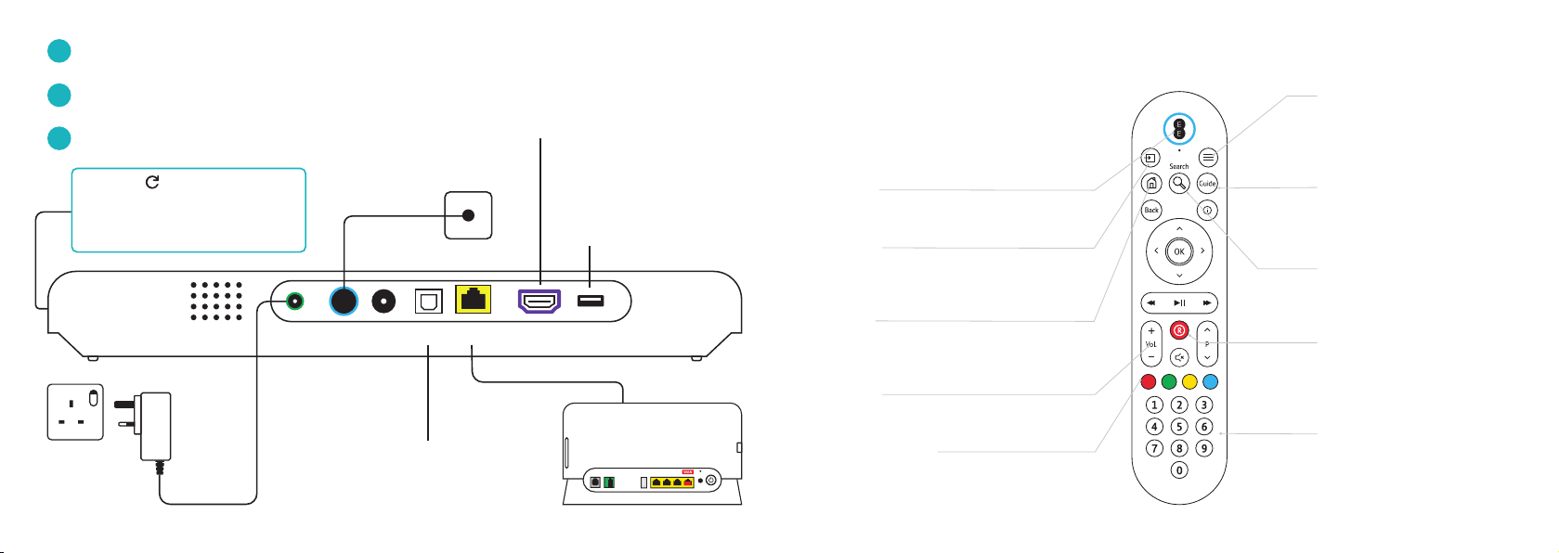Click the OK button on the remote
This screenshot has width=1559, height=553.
click(1179, 251)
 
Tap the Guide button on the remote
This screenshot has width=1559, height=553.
click(1207, 184)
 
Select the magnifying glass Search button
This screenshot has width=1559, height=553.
click(1178, 184)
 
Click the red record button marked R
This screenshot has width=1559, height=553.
click(1179, 330)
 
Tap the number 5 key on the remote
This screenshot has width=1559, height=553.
click(1179, 427)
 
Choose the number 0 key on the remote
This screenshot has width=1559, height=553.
click(1179, 470)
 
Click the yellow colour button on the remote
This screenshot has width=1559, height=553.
click(1189, 381)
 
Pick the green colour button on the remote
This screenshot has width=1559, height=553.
click(1169, 381)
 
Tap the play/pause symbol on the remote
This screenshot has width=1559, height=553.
click(1179, 303)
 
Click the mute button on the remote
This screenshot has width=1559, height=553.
click(1179, 357)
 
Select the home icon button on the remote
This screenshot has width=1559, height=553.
click(1151, 184)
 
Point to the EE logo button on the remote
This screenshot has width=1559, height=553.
click(1179, 129)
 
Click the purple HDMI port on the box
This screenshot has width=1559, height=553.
click(539, 301)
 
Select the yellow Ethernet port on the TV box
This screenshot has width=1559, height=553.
click(474, 300)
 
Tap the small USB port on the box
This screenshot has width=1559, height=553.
click(591, 301)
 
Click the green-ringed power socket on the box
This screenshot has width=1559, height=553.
click(295, 302)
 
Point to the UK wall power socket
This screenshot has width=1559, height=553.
click(76, 412)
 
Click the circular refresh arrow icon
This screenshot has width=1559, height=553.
click(152, 182)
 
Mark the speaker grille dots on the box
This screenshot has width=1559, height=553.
click(216, 302)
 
